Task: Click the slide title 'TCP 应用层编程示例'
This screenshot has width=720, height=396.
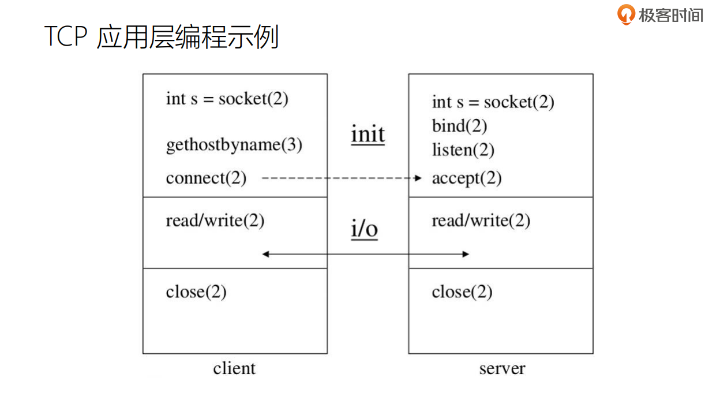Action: coord(162,37)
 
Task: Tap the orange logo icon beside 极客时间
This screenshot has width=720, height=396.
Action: coord(625,14)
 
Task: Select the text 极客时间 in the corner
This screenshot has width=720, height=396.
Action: coord(670,14)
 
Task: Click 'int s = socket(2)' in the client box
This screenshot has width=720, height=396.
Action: coord(227,99)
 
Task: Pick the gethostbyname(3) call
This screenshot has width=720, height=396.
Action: coord(234,144)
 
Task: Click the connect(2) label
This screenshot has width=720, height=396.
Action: coord(206,178)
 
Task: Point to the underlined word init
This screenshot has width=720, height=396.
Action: coord(367,135)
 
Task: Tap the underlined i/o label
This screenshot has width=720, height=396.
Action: coord(365,229)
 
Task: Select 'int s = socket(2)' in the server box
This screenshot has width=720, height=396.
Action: coord(493,102)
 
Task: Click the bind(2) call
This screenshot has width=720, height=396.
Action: coord(459,126)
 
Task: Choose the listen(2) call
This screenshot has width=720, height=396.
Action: coord(463,150)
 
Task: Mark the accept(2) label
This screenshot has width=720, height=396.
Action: coord(466,178)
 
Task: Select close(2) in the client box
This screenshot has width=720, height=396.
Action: coord(196,292)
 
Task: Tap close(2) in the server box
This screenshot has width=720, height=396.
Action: coord(462,292)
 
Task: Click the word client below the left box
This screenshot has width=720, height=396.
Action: coord(234,368)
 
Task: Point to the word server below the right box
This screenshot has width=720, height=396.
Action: coord(502,368)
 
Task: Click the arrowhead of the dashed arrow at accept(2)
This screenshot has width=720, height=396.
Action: coord(419,178)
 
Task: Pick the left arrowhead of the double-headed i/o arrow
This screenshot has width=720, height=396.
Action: coord(265,253)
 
